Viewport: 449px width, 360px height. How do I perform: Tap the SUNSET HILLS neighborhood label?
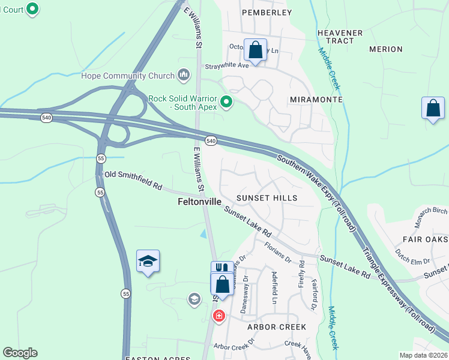coord(267,197)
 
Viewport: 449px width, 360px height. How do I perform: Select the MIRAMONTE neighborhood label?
coord(316,100)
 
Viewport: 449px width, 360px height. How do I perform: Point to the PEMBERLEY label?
coord(267,12)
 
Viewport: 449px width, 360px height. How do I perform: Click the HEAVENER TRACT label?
coord(340,37)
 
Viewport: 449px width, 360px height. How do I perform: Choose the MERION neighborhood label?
coord(386,49)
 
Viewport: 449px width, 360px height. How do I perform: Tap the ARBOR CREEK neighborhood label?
coord(277,327)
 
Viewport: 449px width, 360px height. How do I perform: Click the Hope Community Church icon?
coord(184,76)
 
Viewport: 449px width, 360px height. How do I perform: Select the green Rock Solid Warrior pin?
coord(226,103)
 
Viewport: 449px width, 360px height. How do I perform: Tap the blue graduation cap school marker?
coord(148,261)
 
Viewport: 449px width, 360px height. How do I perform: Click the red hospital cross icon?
coord(218,316)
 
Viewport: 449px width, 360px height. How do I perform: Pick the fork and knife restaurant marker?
coord(221,268)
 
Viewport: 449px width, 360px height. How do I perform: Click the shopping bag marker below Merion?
coord(433,109)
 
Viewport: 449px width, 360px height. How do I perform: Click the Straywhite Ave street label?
coord(227,67)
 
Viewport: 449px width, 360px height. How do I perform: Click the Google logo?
coord(20,353)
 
